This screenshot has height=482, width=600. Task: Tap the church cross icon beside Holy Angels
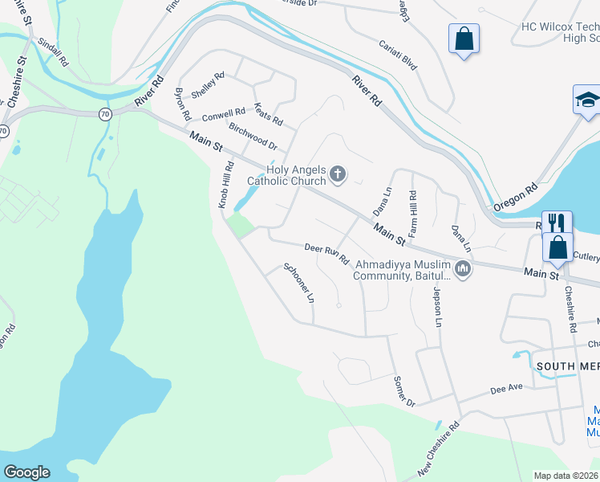pos(339,173)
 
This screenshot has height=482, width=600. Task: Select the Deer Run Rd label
pos(326,254)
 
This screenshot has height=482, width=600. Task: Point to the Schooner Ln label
pos(298,283)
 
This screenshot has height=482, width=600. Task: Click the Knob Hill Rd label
pos(227,186)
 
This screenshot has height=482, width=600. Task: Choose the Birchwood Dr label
pos(253,137)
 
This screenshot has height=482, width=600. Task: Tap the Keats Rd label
pos(268,114)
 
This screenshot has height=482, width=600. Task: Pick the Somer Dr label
pos(403,391)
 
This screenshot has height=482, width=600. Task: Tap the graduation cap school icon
pos(587,100)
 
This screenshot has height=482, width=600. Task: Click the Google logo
pos(27,472)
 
